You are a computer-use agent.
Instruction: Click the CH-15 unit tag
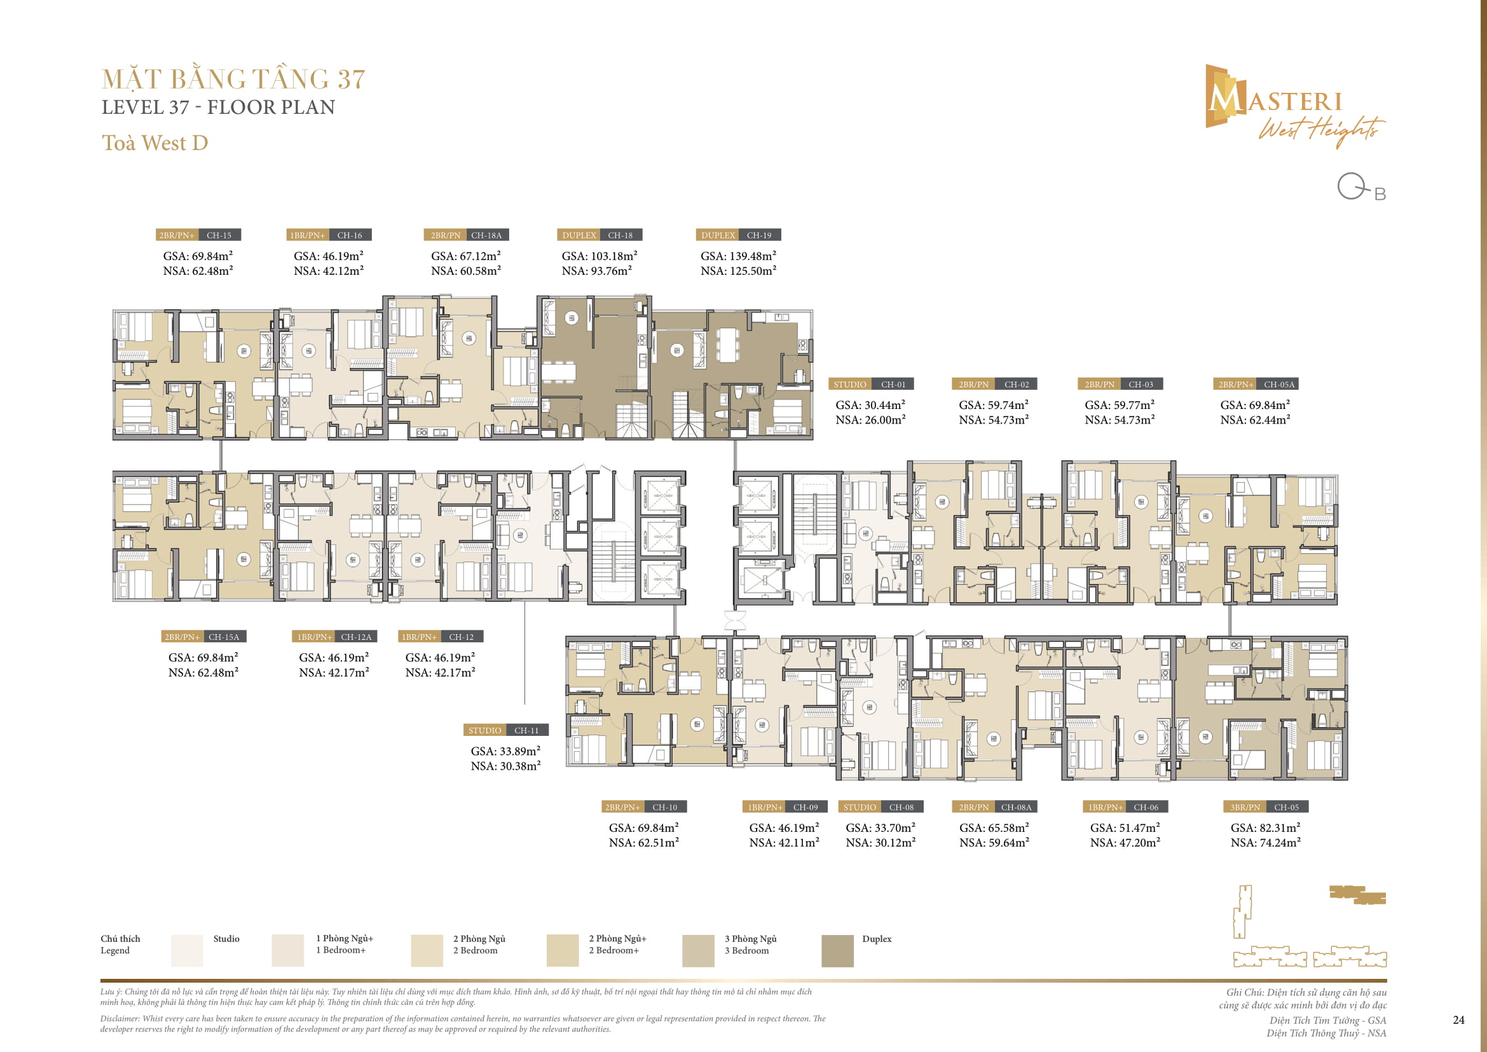click(198, 235)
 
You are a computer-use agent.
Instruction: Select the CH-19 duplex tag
click(738, 235)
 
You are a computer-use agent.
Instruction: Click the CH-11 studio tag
click(506, 730)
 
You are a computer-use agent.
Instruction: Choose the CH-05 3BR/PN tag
click(1266, 807)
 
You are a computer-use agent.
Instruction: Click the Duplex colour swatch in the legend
click(837, 950)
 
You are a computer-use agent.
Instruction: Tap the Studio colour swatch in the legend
click(187, 950)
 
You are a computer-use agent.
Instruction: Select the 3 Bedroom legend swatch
click(698, 950)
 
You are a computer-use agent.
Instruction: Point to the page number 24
click(1458, 1020)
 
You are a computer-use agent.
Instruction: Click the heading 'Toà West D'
click(154, 142)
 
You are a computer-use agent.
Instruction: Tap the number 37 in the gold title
click(351, 80)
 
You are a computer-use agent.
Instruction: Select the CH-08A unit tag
click(994, 807)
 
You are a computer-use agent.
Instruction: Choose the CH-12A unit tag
click(334, 637)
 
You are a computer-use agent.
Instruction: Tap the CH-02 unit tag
click(994, 384)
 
